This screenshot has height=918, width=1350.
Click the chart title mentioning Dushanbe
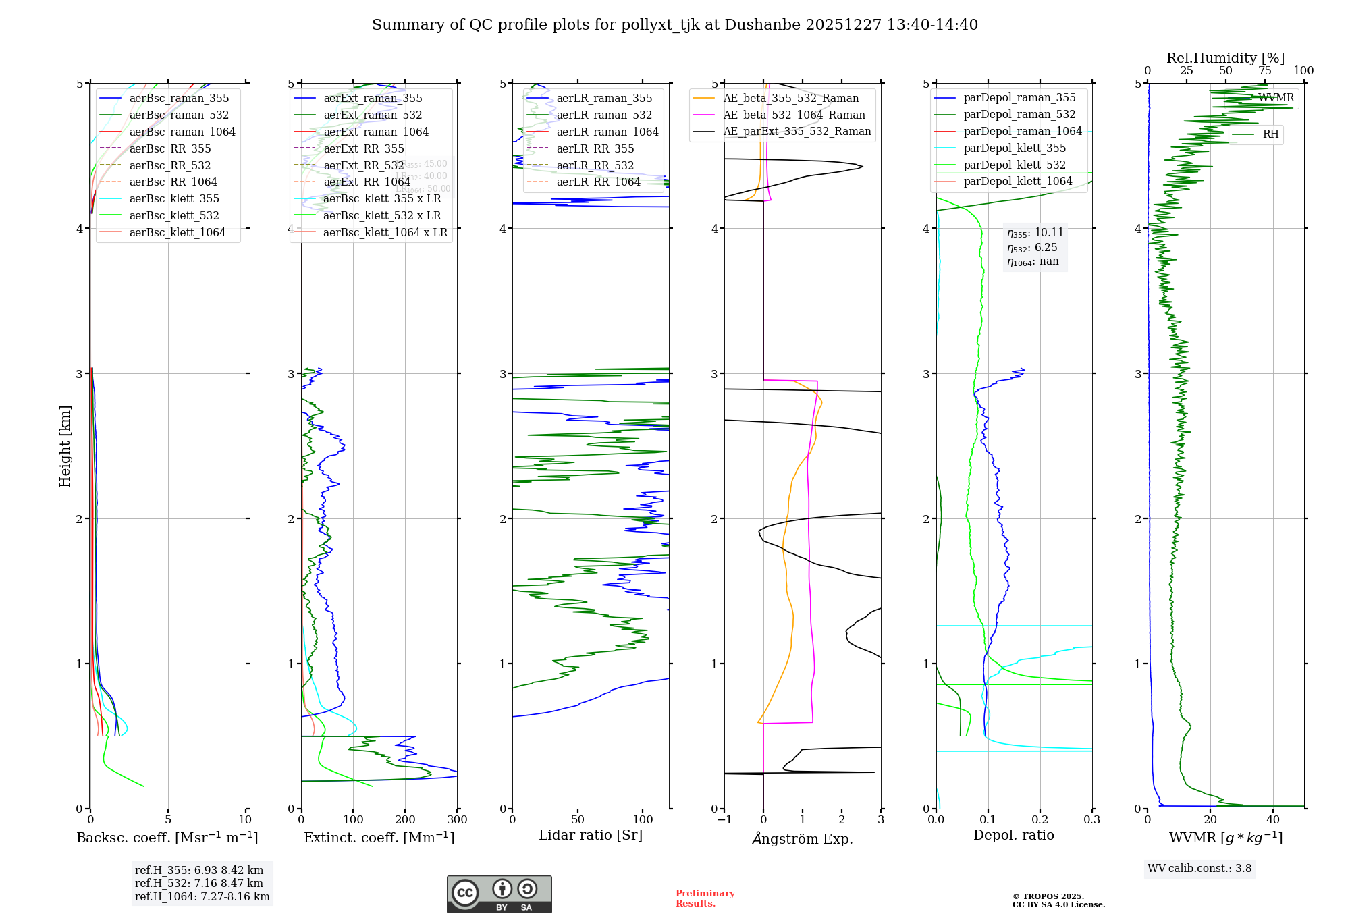(x=675, y=25)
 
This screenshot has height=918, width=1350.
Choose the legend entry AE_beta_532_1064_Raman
(x=794, y=115)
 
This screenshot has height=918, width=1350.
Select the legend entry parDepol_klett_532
(x=1015, y=165)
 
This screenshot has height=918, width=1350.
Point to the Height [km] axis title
(x=65, y=446)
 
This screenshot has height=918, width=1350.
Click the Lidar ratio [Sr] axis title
(x=591, y=835)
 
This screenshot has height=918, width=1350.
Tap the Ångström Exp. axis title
(x=803, y=838)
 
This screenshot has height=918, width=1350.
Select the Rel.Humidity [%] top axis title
(x=1225, y=58)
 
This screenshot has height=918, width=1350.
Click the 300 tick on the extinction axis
(x=457, y=820)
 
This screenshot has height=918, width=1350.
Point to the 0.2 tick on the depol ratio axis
(x=1040, y=820)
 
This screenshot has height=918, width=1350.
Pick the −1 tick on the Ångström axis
(x=724, y=820)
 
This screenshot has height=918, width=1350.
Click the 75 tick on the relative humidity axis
(x=1264, y=71)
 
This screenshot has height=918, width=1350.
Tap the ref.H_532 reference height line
(x=199, y=883)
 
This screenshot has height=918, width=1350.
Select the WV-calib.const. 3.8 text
(x=1199, y=869)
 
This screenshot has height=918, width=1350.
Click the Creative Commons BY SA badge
(x=499, y=894)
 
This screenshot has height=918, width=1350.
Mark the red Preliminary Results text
(x=705, y=898)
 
